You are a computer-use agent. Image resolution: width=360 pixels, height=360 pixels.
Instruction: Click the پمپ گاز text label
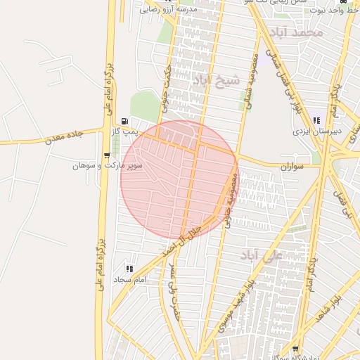(x=125, y=131)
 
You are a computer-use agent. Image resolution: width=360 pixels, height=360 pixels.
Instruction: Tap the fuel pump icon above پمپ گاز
(x=125, y=121)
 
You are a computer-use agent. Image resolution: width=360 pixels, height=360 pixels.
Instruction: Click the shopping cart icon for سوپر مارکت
(x=107, y=155)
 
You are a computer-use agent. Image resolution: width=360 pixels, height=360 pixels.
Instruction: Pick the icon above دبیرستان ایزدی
(x=317, y=120)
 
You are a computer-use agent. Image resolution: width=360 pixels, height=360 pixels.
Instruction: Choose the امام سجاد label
(x=129, y=279)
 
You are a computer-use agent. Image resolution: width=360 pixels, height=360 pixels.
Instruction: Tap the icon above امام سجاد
(x=129, y=269)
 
